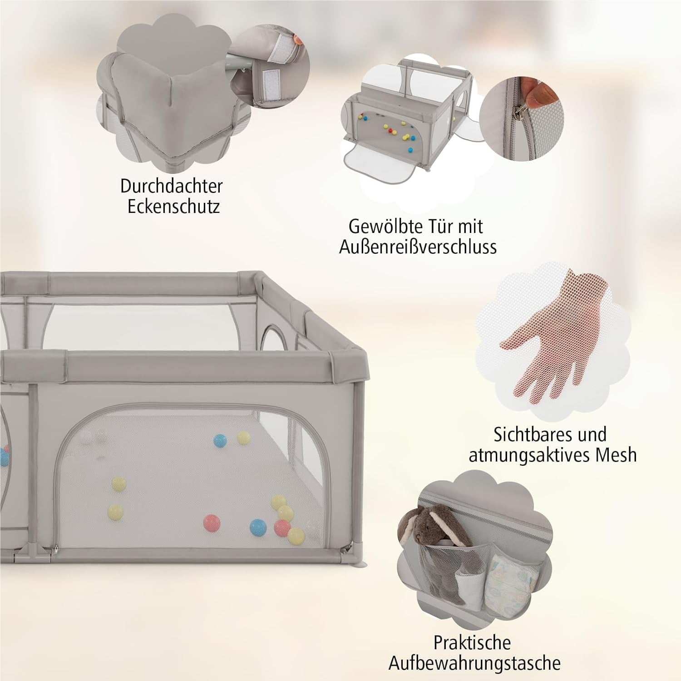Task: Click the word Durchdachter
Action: [171, 186]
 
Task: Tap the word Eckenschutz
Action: [173, 207]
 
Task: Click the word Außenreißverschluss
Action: [418, 247]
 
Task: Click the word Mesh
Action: [611, 455]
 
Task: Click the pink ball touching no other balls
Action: [212, 522]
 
